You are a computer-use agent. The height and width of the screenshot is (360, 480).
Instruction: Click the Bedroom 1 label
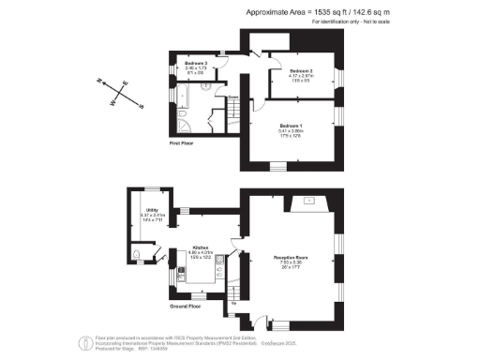292,124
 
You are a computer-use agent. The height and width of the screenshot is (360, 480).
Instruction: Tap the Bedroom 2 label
301,71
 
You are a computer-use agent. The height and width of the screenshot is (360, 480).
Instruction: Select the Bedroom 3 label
195,64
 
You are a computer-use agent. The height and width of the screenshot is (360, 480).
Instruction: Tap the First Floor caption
183,143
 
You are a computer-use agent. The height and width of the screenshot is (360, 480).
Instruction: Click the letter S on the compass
141,106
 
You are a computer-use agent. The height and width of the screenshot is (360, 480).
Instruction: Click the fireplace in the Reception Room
308,201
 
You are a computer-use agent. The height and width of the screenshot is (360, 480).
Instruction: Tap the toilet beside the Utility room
139,255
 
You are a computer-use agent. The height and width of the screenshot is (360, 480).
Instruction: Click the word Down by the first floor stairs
232,96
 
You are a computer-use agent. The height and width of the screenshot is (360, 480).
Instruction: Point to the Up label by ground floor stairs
232,303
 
